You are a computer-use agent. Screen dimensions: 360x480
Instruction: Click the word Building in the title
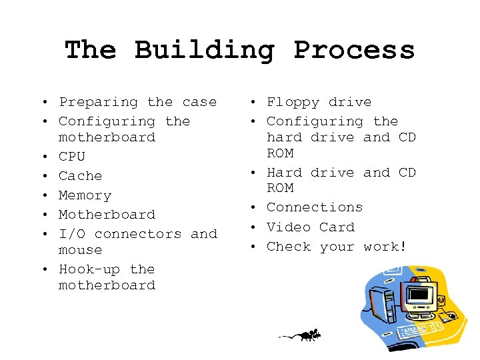click(x=203, y=51)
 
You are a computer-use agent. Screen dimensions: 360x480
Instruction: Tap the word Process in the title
click(x=354, y=51)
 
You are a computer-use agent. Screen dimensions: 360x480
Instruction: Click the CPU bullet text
click(x=72, y=157)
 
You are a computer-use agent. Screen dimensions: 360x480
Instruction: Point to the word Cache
click(x=80, y=176)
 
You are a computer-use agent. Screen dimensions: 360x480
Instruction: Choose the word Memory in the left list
click(x=85, y=195)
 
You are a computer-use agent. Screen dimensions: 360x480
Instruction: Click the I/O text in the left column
click(x=72, y=234)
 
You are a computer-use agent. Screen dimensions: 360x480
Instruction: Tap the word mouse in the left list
click(x=80, y=250)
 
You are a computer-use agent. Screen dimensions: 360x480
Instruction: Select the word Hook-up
click(x=89, y=270)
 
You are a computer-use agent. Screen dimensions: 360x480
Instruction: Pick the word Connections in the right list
click(x=314, y=207)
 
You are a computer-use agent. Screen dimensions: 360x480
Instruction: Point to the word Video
click(x=288, y=227)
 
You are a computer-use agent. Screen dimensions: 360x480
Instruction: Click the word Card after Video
click(x=337, y=227)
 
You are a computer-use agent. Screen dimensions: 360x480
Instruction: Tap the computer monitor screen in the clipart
click(x=421, y=293)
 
